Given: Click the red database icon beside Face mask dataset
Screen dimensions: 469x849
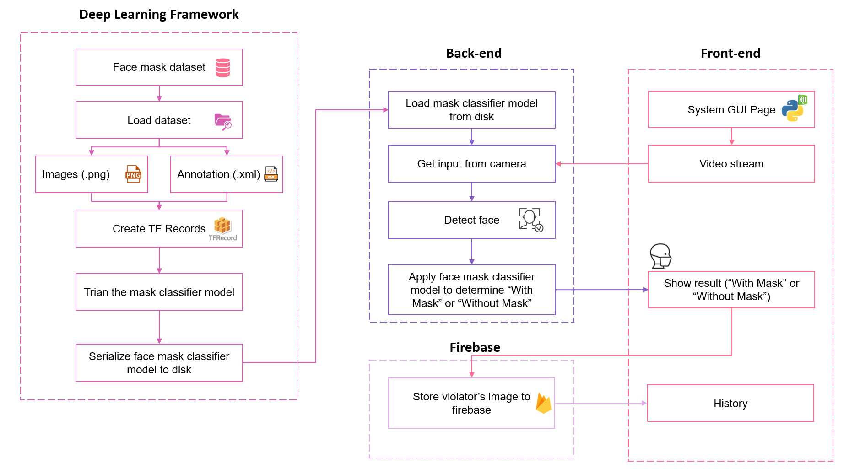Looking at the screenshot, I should (223, 68).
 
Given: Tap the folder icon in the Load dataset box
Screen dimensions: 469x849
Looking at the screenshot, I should (223, 122).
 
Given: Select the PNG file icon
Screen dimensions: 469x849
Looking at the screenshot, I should (133, 174).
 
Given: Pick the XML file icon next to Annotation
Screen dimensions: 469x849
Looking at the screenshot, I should (271, 174).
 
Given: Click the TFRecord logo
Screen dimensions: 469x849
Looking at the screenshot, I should (223, 228).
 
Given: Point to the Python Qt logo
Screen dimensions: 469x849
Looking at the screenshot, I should (794, 108).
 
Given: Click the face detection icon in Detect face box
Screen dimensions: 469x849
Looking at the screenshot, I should (530, 220).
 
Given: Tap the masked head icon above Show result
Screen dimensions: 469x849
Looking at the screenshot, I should (660, 256).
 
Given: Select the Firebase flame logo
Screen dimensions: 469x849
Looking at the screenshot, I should (543, 403).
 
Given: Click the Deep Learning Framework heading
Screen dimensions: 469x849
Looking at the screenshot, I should (159, 15).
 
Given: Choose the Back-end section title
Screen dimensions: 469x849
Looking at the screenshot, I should (474, 54).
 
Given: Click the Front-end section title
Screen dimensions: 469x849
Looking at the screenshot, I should (730, 54).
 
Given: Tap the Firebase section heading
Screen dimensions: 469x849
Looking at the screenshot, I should (475, 347).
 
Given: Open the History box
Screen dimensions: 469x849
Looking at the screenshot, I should (730, 403).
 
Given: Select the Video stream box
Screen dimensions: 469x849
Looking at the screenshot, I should (731, 164).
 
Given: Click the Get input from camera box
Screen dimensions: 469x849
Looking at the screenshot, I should (471, 164).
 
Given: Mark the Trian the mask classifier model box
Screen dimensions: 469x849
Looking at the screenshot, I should (159, 292).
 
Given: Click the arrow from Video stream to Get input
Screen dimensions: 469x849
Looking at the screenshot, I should (602, 164).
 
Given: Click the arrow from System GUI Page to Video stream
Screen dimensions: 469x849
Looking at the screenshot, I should (731, 136).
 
